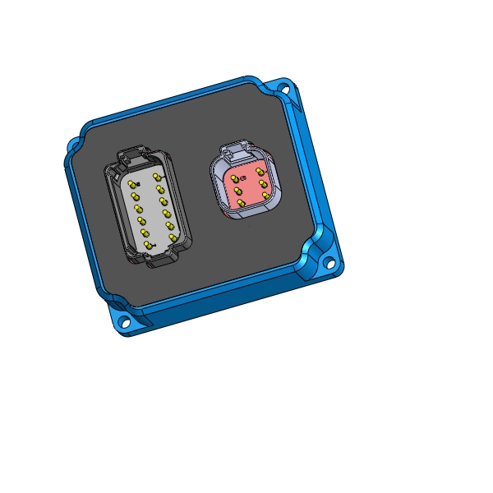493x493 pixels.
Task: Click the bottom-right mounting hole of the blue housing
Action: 330,265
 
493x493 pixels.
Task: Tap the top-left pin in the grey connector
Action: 132,184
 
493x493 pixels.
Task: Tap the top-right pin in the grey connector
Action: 156,177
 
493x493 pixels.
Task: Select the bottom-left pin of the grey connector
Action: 148,244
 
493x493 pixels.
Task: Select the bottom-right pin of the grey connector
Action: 173,237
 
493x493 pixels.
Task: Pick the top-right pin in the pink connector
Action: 260,172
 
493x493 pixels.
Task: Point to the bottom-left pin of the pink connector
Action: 241,201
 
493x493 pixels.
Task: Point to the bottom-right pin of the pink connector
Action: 265,196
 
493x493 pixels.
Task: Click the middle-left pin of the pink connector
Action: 237,191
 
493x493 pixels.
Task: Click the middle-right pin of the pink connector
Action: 263,184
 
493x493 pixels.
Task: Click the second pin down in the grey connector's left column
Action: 136,196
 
